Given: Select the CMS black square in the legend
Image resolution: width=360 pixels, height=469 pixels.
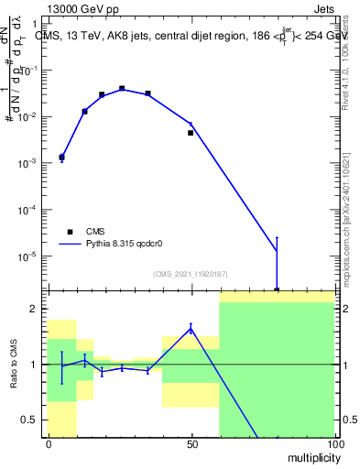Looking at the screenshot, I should coord(70,232).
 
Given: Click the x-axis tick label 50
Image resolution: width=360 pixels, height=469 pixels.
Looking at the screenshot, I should coord(191,444).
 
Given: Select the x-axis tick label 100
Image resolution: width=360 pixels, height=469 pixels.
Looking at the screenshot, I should coord(334,444).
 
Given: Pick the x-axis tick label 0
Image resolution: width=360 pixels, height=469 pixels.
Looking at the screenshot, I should coord(48,444).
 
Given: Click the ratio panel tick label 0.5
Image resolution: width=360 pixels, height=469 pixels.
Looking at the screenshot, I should coord(30,420).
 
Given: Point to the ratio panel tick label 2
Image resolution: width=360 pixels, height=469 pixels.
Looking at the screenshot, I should coord(35,309).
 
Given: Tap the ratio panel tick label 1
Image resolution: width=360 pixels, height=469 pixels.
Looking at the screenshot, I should coord(35,365).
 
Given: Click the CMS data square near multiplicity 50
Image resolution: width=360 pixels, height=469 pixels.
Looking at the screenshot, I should coord(191,133).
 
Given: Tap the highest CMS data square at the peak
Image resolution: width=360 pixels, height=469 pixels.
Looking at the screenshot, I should coord(122,89).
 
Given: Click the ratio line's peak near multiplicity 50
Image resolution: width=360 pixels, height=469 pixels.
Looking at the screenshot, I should coord(191,327).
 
